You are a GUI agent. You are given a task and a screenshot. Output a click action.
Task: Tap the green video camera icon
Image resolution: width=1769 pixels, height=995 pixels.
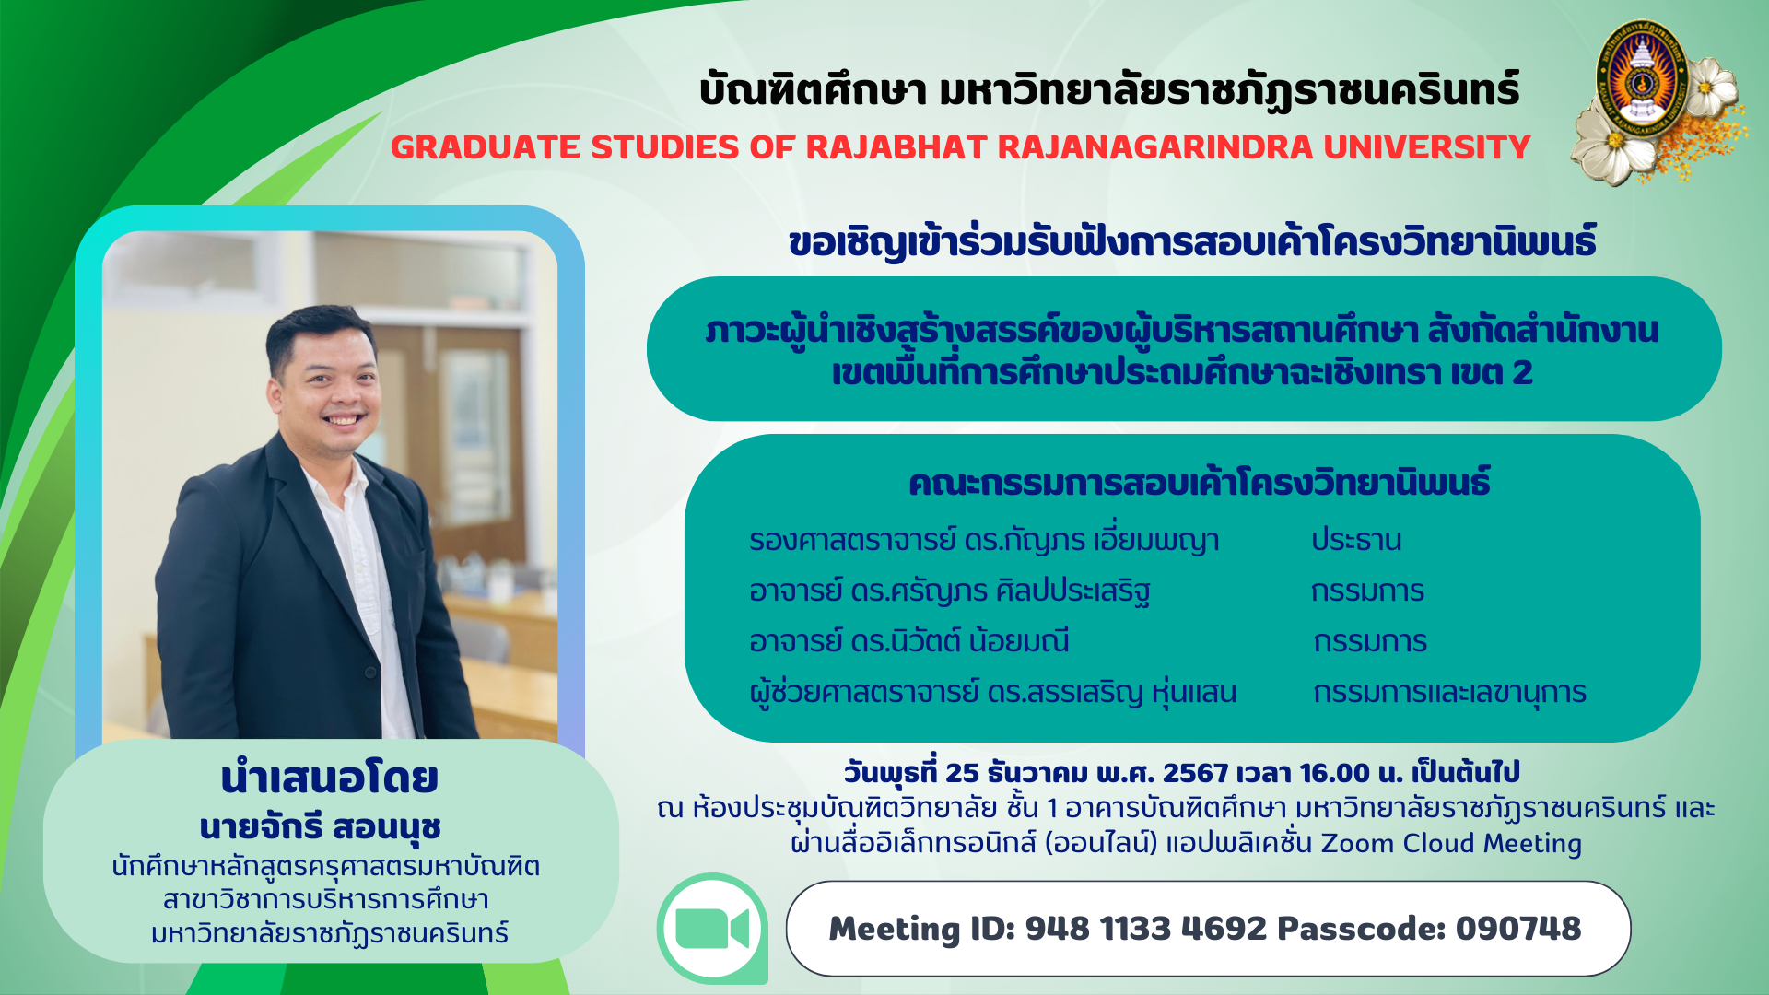coord(712,929)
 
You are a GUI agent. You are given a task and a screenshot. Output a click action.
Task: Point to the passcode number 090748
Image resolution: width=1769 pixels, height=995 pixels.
coord(1518,929)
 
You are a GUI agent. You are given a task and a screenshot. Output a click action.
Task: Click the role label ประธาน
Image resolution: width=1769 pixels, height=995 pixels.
coord(1356,540)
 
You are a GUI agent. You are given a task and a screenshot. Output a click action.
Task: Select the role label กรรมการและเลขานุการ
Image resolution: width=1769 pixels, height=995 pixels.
coord(1450,693)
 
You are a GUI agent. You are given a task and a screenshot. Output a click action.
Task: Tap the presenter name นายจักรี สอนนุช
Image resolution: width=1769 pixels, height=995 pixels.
coord(321,826)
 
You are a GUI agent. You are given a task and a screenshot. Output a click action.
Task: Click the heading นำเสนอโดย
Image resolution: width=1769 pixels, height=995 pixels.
coord(329,778)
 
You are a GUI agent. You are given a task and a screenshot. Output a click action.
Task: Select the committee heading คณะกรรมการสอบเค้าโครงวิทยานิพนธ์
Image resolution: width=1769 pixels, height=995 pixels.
coord(1200,483)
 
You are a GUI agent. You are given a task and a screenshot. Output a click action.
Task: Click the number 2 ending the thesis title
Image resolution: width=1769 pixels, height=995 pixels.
coord(1522,372)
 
